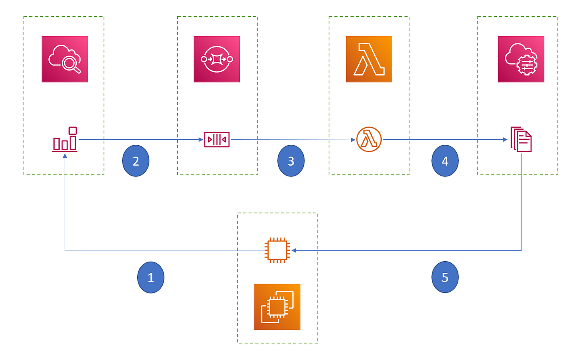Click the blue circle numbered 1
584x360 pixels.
point(151,277)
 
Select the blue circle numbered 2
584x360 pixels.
point(136,161)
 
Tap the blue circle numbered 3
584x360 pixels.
point(291,161)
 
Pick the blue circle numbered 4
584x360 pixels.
point(445,161)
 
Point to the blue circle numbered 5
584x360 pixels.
point(445,277)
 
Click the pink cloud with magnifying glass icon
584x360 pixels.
point(65,59)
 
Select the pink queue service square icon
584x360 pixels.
point(217,59)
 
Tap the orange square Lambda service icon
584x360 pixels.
point(369,59)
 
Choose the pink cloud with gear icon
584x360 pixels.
point(521,59)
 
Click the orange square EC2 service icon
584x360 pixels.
point(277,307)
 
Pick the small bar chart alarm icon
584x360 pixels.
point(65,139)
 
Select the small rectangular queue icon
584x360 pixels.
point(216,139)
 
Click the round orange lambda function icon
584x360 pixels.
point(369,139)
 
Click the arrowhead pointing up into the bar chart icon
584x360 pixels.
point(65,156)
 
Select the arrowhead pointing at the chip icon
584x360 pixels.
point(294,251)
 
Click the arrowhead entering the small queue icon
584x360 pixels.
point(201,139)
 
